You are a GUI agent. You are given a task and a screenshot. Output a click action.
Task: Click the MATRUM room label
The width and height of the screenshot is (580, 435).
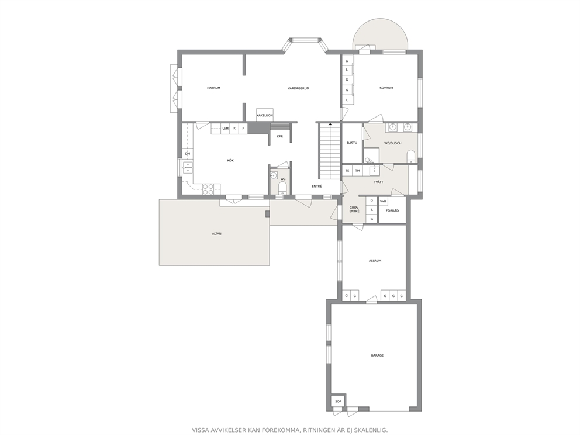pyautogui.click(x=213, y=88)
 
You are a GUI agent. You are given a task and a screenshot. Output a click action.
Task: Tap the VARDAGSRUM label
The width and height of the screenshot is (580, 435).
pyautogui.click(x=299, y=88)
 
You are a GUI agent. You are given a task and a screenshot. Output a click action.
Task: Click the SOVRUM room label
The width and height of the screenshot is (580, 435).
pyautogui.click(x=386, y=88)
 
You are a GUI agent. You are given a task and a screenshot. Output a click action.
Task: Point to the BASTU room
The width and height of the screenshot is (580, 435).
pyautogui.click(x=352, y=143)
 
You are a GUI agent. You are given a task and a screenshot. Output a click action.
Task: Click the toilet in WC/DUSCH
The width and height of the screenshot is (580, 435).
pyautogui.click(x=410, y=157)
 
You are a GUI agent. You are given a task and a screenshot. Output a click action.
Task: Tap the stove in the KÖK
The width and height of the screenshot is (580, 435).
pyautogui.click(x=208, y=189)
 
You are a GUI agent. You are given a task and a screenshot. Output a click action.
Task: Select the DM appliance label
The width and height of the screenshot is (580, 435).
pyautogui.click(x=188, y=154)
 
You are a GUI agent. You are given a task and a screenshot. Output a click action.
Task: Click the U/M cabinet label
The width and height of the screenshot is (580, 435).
pyautogui.click(x=225, y=129)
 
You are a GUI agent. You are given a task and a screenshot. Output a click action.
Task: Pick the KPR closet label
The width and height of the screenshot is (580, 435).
pyautogui.click(x=280, y=136)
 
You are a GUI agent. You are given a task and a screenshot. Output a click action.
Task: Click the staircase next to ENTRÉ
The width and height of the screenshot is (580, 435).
pyautogui.click(x=330, y=152)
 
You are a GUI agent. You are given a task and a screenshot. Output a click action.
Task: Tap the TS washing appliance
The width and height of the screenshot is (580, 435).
pyautogui.click(x=347, y=171)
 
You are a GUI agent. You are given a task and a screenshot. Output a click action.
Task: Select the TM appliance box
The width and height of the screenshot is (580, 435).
pyautogui.click(x=357, y=171)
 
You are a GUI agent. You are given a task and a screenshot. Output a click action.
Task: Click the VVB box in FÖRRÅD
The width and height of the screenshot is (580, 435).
pyautogui.click(x=383, y=201)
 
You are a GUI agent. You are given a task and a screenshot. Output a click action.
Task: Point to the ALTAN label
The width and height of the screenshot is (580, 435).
pyautogui.click(x=217, y=234)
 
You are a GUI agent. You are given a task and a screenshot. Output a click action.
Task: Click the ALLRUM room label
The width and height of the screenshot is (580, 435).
pyautogui.click(x=375, y=261)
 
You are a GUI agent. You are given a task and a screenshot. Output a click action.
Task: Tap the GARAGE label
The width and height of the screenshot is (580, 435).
pyautogui.click(x=377, y=355)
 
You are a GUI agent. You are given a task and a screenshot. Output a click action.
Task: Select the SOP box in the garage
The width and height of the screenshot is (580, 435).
pyautogui.click(x=338, y=401)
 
